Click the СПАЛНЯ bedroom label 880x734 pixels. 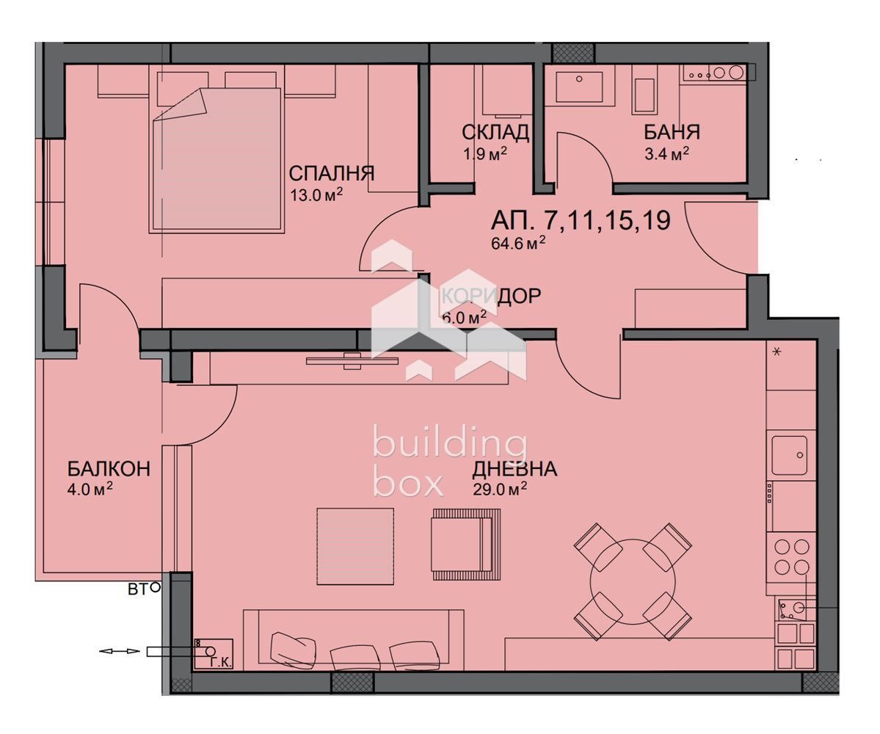point(331,174)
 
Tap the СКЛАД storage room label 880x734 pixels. point(495,132)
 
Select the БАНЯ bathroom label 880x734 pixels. point(672,132)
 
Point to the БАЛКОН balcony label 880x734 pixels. point(109,468)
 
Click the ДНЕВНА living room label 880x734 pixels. point(514,469)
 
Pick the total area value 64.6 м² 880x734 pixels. point(517,244)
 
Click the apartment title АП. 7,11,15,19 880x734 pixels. point(580,220)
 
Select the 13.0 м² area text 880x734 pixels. point(316,195)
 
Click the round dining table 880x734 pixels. point(631,581)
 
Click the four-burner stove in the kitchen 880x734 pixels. point(792,556)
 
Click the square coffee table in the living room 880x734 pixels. point(355,546)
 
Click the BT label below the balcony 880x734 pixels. point(137,589)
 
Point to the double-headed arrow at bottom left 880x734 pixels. point(119,651)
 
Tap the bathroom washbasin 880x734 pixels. point(579,86)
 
